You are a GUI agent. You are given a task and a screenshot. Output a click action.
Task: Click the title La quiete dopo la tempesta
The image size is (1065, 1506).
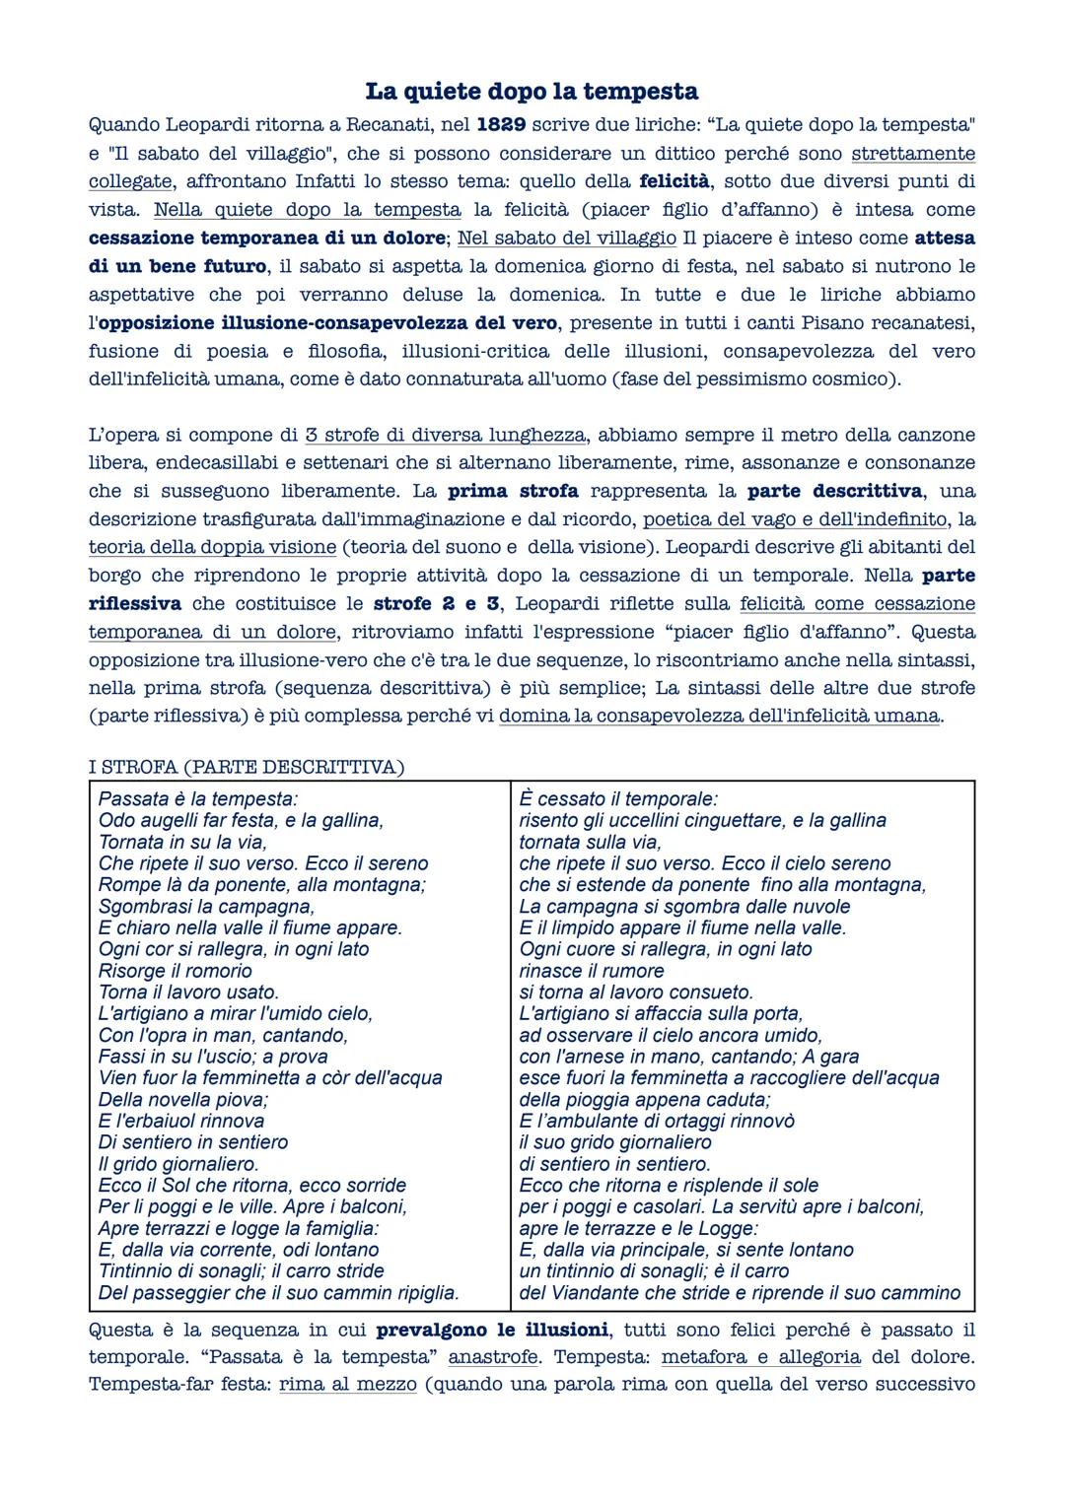point(532,92)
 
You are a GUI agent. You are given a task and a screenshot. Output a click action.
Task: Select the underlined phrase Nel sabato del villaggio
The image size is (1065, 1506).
point(567,238)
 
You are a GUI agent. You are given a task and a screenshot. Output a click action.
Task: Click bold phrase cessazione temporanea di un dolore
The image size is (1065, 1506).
point(266,238)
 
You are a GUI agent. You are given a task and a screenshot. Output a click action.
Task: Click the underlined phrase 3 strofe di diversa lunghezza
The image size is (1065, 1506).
point(446,435)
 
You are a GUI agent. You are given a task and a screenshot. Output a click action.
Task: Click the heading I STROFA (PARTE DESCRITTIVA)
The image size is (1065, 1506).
point(247,767)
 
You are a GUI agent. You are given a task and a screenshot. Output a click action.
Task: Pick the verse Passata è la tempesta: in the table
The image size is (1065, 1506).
point(198,799)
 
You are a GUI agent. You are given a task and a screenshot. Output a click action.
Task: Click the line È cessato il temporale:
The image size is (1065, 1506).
point(618,799)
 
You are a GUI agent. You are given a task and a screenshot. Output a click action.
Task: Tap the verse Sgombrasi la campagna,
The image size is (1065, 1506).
point(206,907)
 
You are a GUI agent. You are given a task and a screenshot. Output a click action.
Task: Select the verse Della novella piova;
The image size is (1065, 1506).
point(183,1100)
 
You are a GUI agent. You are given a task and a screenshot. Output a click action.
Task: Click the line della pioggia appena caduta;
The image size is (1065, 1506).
point(645,1100)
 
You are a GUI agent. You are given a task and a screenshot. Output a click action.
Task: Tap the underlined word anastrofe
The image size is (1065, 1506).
point(493,1357)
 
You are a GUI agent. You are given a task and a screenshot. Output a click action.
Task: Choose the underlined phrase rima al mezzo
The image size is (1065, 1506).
point(347,1385)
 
